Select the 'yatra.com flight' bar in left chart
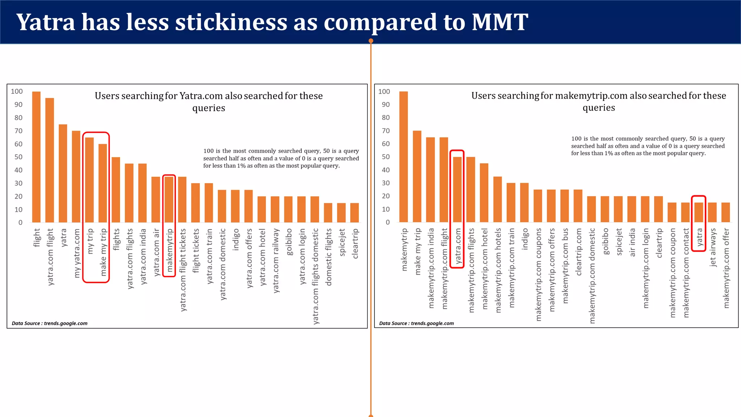50,160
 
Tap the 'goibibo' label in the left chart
288,241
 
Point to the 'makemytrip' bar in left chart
169,199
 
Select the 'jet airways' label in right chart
712,247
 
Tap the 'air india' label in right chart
632,242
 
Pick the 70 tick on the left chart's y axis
18,131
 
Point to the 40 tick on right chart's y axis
386,170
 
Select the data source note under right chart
416,323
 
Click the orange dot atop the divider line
371,41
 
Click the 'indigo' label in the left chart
236,239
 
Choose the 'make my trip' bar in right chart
417,176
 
